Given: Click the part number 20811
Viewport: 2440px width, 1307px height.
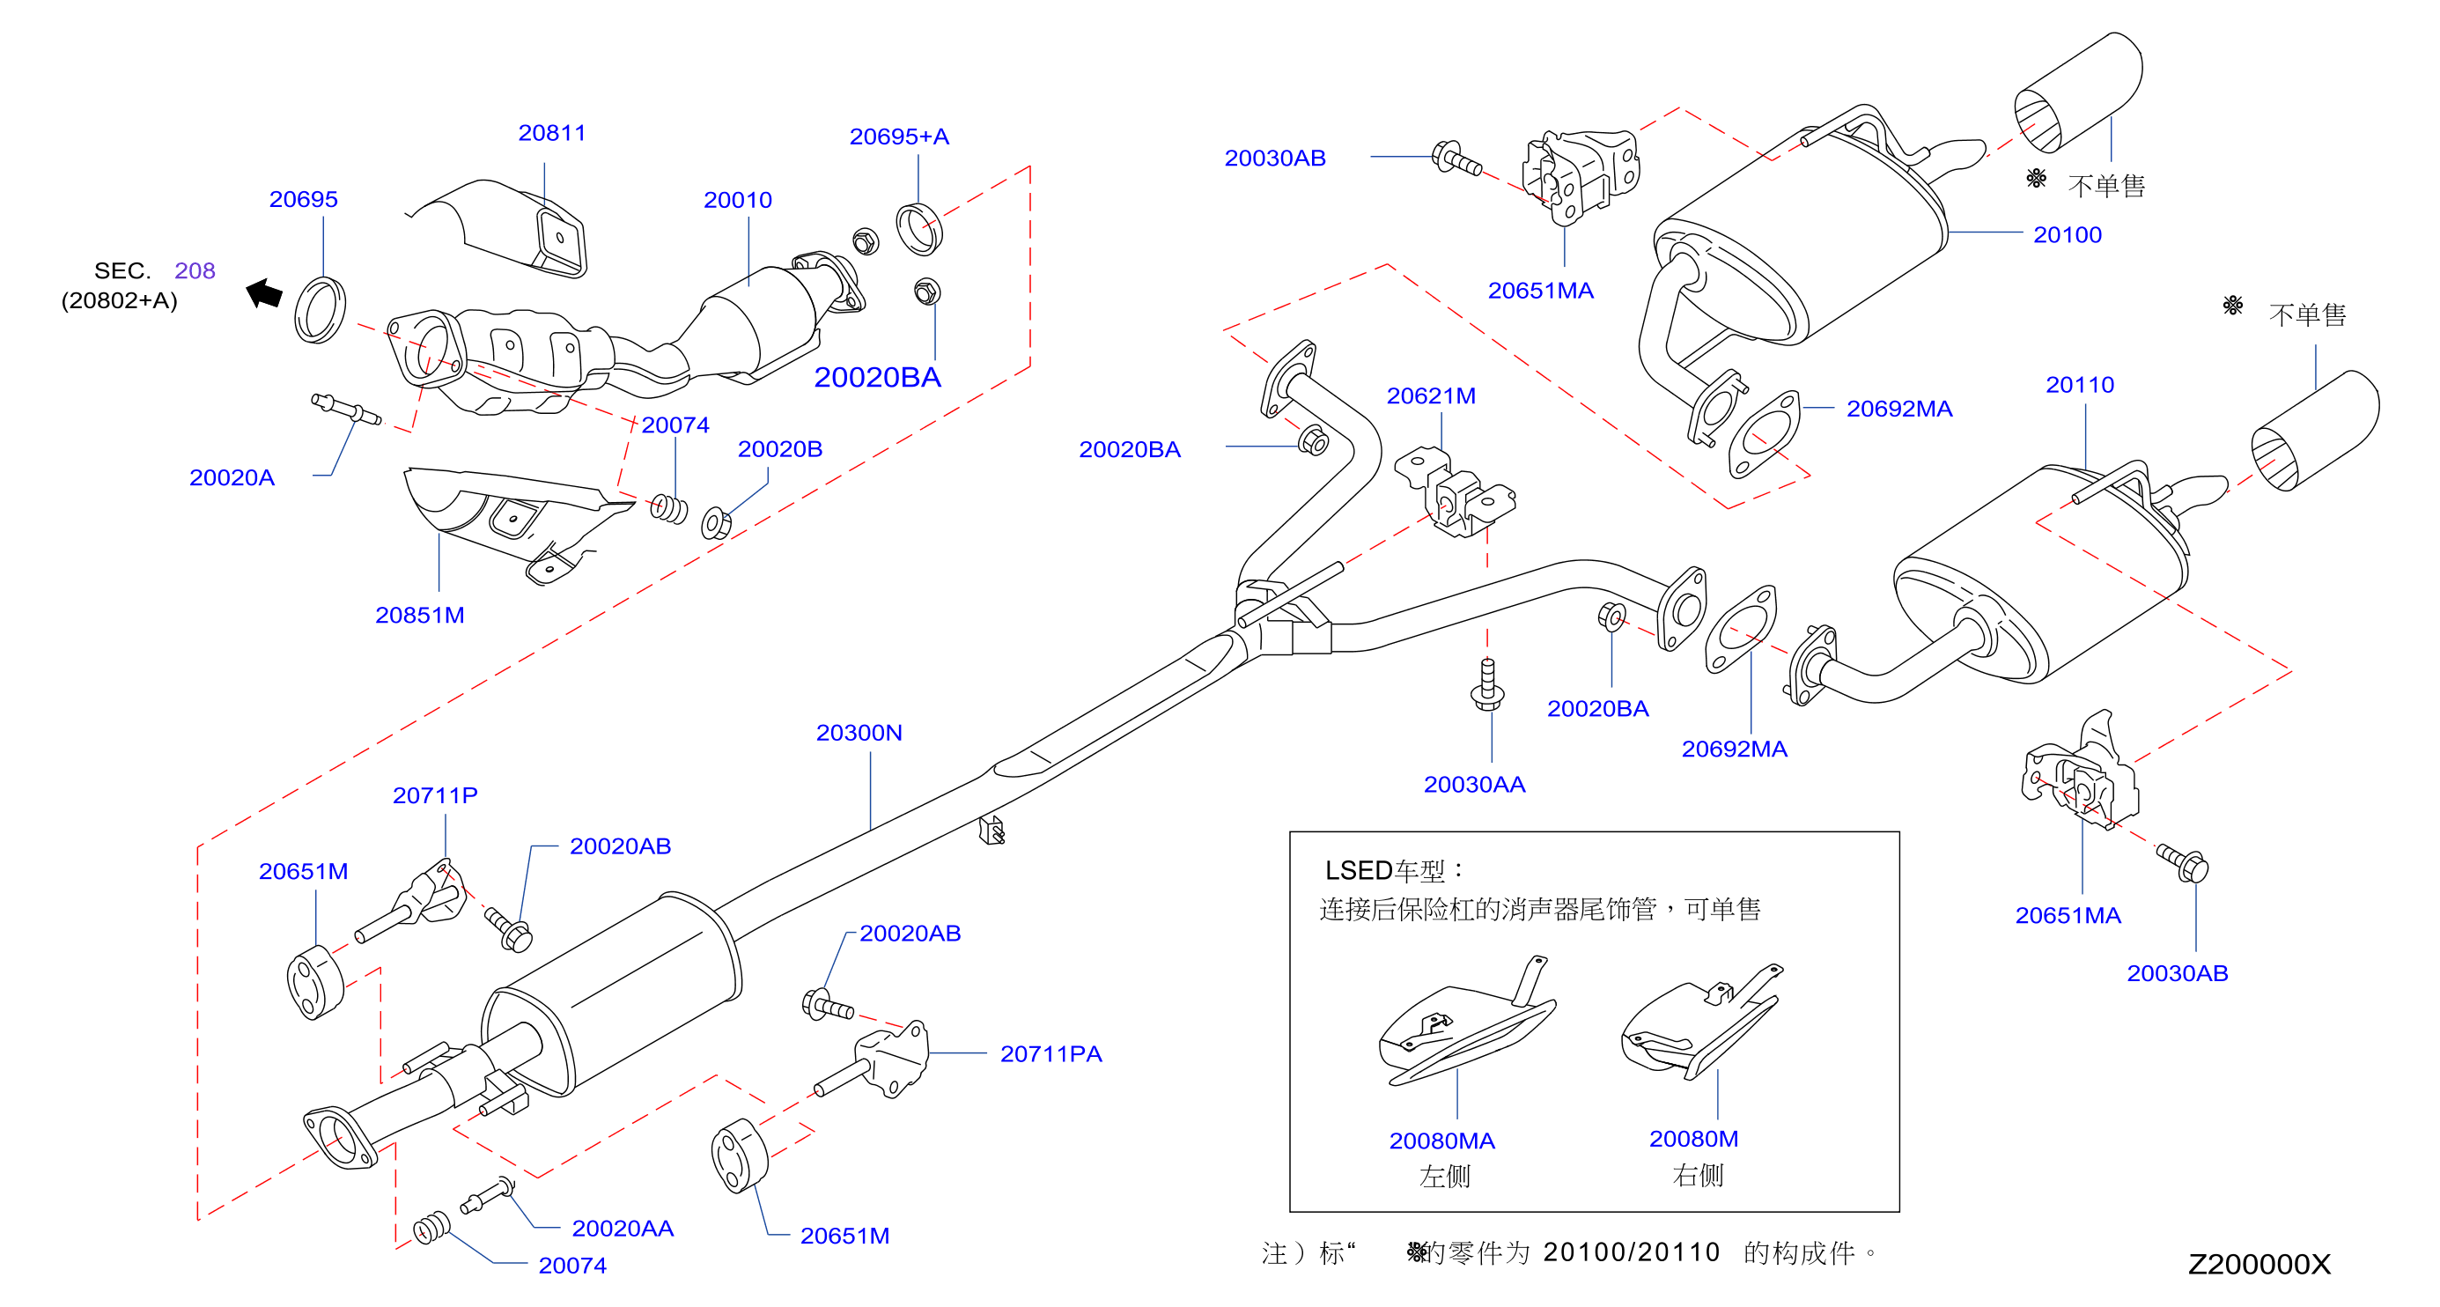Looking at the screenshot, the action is (551, 133).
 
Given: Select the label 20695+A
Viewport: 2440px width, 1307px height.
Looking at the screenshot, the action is (899, 137).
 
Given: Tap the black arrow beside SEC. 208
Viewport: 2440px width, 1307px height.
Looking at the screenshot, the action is (264, 292).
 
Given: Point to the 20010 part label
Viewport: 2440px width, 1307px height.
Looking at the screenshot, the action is (737, 200).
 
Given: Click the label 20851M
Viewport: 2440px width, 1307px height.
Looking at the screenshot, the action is (420, 615).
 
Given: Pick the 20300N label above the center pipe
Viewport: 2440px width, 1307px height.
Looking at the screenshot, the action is (859, 732).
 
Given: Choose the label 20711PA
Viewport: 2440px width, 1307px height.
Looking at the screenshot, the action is (1051, 1053).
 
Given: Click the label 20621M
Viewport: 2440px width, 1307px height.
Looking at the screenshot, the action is (1431, 396).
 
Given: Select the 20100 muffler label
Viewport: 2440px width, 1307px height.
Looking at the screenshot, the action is (2068, 235).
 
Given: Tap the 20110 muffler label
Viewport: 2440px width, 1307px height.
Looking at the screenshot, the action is (2080, 385).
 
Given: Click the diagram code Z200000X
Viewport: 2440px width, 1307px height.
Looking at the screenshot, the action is (2259, 1265).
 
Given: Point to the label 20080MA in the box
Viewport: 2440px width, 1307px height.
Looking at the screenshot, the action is (1441, 1141).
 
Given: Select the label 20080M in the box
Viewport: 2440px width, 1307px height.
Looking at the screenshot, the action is (1693, 1139).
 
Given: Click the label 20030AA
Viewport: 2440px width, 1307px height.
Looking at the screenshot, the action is (1475, 784).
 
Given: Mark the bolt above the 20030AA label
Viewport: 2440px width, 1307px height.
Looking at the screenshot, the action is (1488, 683).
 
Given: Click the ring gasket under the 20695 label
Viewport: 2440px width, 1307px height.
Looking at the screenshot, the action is (321, 310).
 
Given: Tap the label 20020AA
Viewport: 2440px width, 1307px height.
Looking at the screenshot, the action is (623, 1229).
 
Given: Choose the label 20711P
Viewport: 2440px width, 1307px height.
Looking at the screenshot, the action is (435, 794).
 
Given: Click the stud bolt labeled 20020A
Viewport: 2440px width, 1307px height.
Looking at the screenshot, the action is (347, 410).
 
